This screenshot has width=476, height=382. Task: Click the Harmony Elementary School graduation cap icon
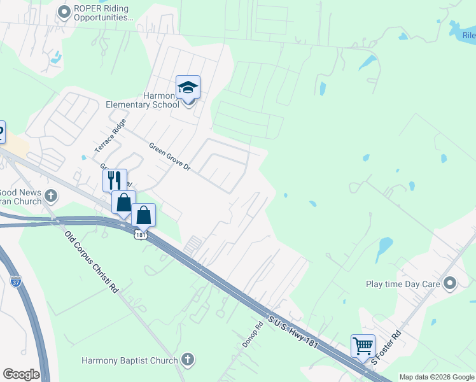point(188,87)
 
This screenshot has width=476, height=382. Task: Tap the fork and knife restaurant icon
point(115,180)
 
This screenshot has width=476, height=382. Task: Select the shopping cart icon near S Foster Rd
point(363,346)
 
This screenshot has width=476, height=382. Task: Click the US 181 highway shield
point(141,235)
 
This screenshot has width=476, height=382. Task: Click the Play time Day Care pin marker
point(451,283)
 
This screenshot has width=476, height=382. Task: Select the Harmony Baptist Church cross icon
point(187,360)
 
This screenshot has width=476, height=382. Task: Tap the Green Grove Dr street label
point(170,156)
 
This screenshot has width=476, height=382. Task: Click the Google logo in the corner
point(21,374)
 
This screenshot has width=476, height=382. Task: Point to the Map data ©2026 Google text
point(437,377)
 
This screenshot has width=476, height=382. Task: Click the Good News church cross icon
point(52,196)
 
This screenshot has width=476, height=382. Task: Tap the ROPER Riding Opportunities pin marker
point(64,12)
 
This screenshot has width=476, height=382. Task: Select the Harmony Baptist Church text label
point(129,361)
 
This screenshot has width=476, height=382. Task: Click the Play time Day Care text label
point(403,284)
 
